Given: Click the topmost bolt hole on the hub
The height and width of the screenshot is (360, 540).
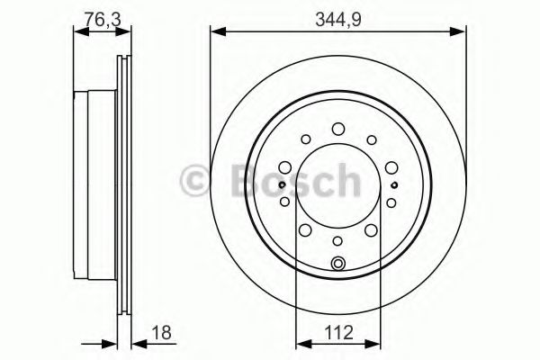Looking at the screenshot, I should click(337, 129).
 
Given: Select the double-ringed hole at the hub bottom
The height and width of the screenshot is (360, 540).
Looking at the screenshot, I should click(337, 263).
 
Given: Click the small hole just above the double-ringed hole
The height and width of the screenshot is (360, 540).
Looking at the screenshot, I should click(337, 240).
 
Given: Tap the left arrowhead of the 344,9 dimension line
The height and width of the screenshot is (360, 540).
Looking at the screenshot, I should click(216, 32).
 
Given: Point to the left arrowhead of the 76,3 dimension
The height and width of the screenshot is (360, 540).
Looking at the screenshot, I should click(77, 32).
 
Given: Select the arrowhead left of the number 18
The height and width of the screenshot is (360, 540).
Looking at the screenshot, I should click(113, 343).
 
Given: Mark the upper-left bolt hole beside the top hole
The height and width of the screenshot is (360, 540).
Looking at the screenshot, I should click(305, 139).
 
